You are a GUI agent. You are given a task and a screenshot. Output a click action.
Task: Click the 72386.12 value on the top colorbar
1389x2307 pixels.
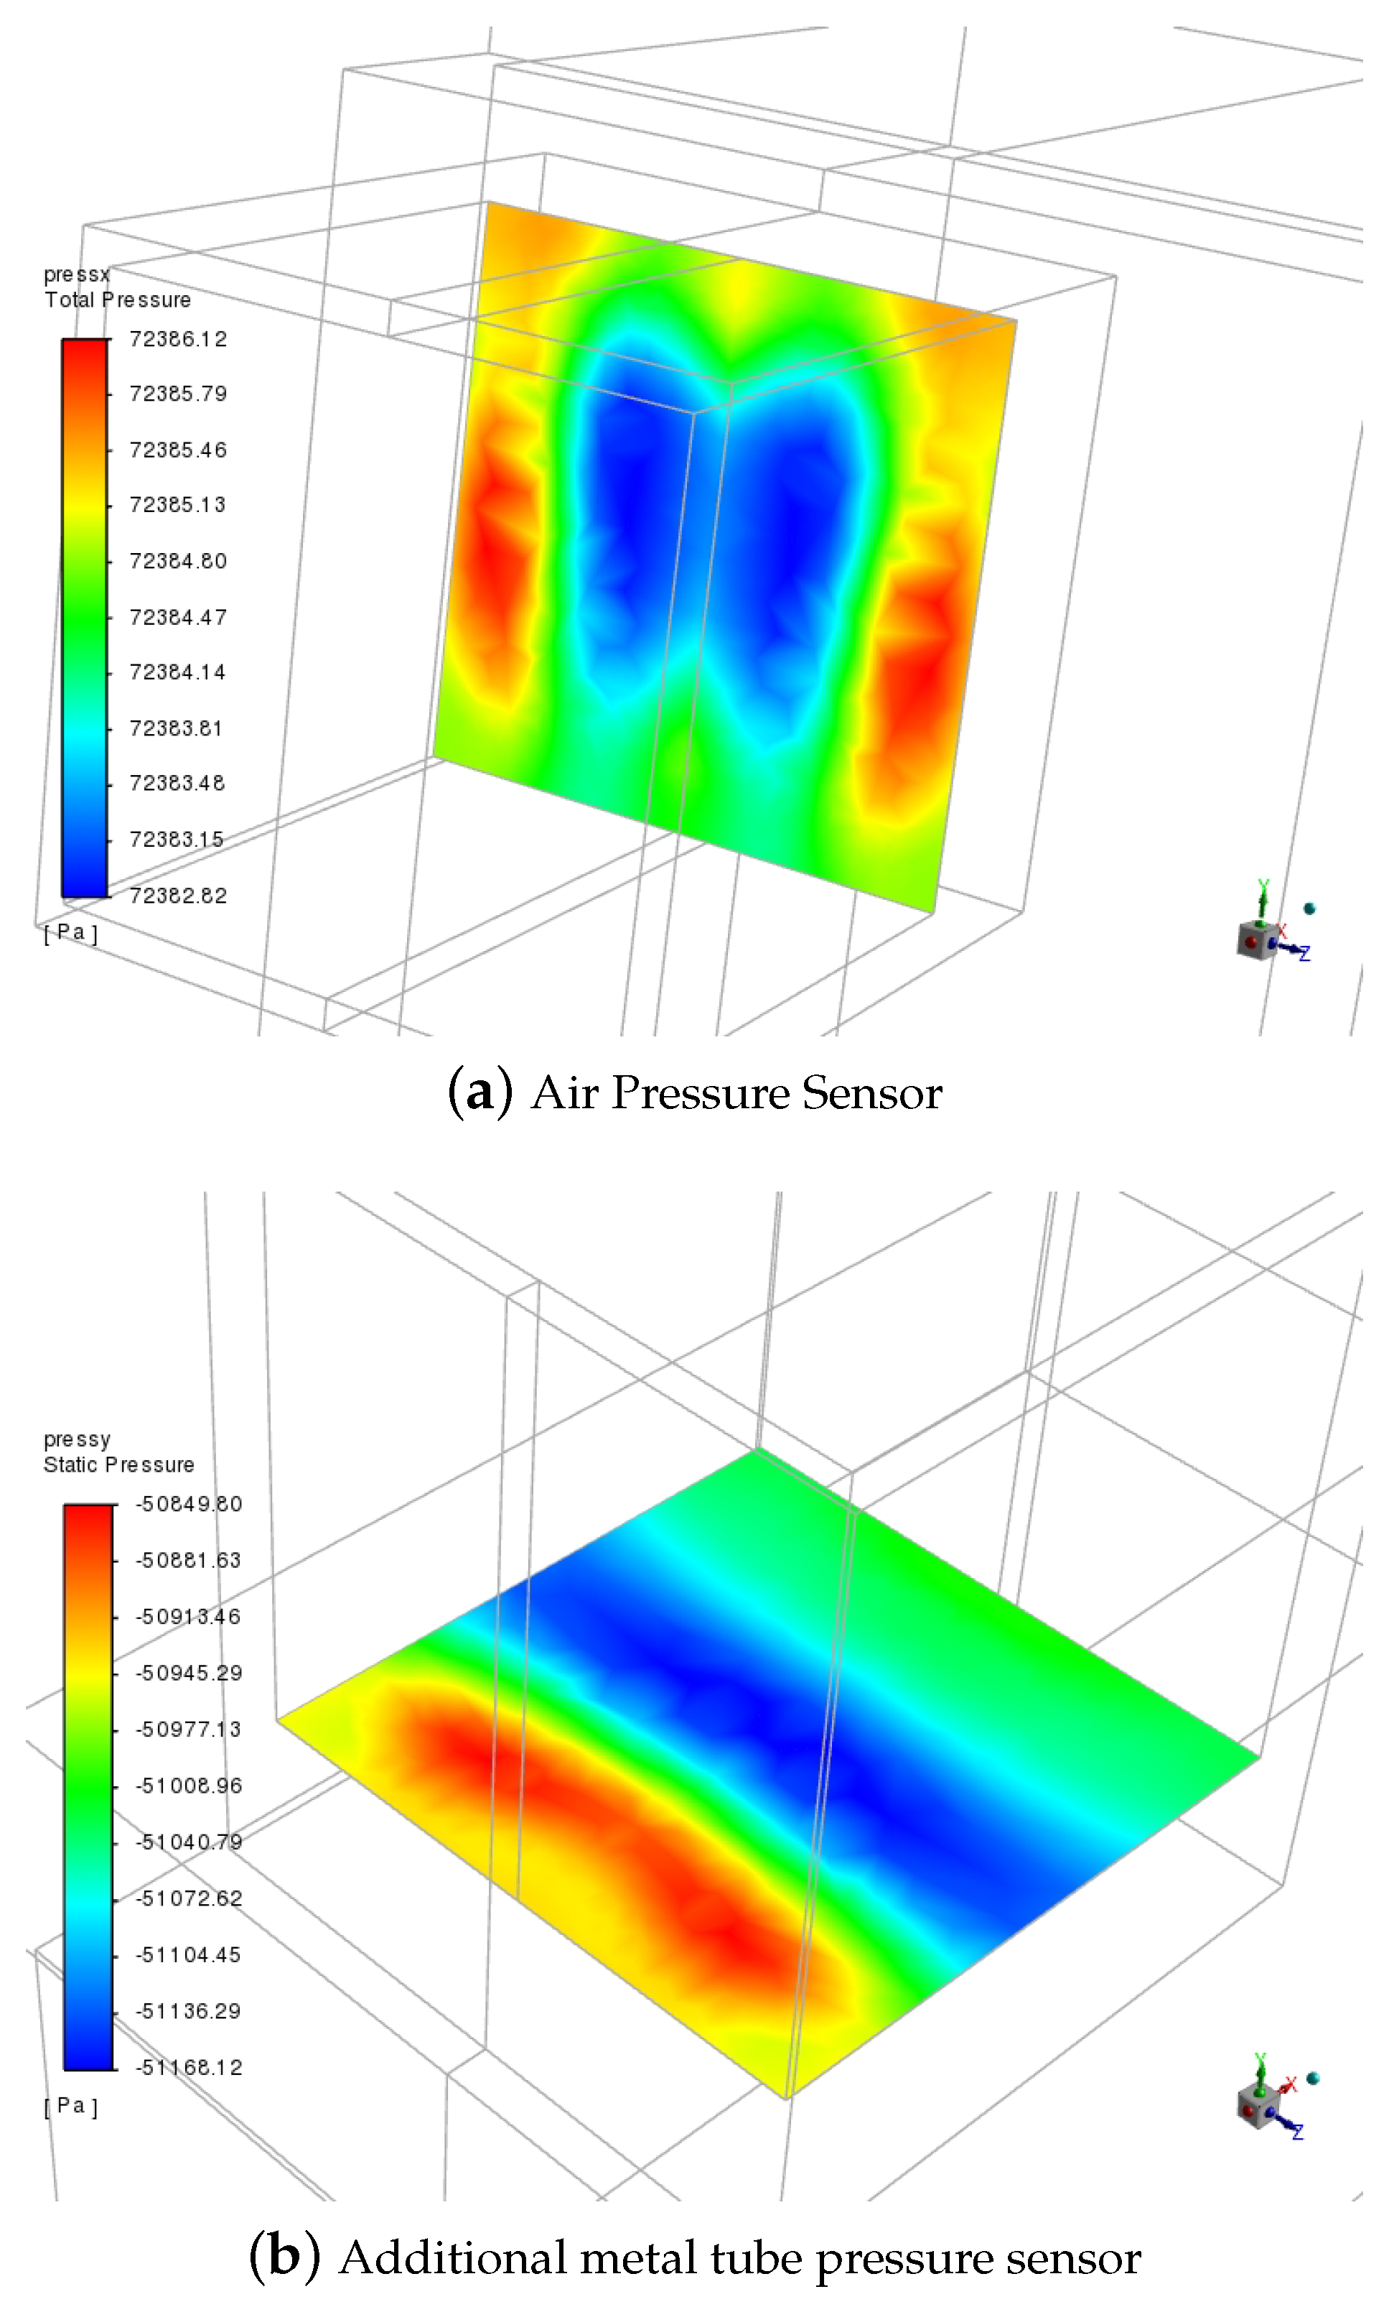tap(178, 339)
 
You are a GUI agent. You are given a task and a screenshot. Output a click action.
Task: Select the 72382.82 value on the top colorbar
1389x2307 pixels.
tap(178, 896)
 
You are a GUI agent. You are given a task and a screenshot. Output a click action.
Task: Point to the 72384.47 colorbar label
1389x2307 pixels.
tap(178, 617)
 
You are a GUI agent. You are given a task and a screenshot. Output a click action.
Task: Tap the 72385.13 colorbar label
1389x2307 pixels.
tap(178, 505)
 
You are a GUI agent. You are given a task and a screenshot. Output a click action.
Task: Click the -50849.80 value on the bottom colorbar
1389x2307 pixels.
tap(189, 1505)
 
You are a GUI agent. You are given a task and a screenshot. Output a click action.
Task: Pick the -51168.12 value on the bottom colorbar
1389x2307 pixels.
tap(189, 2067)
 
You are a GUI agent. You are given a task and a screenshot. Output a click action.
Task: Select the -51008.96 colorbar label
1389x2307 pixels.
tap(189, 1786)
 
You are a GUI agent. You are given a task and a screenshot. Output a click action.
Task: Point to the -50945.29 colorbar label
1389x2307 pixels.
tap(189, 1673)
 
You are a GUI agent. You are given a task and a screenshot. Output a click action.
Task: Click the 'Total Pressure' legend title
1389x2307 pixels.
tap(118, 300)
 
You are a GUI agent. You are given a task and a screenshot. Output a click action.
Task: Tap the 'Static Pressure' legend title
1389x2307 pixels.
tap(119, 1465)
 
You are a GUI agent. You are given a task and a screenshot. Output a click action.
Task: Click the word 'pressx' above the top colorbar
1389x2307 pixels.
tap(77, 275)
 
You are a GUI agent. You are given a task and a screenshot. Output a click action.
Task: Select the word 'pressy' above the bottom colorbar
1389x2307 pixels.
tap(77, 1440)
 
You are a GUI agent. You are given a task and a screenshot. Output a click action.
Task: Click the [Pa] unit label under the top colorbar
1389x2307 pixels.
tap(70, 932)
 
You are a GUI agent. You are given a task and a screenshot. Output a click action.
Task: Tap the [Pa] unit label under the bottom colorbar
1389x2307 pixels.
tap(70, 2107)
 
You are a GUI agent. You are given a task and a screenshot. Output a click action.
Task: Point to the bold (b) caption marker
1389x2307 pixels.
tap(284, 2257)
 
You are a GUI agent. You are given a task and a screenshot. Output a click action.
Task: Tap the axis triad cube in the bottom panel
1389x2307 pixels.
tap(1255, 2107)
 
